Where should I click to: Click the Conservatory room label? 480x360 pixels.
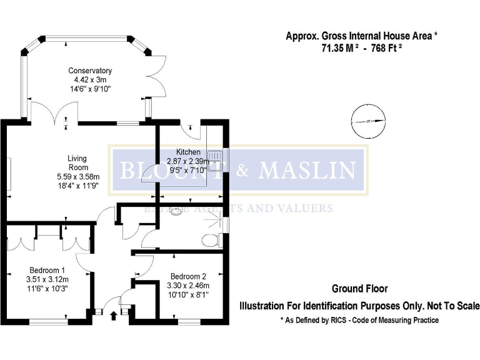click(90, 71)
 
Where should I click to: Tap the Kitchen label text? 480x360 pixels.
click(188, 152)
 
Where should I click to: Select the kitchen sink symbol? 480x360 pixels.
click(216, 161)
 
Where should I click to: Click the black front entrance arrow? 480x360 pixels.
click(113, 316)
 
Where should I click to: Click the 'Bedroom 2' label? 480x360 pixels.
click(187, 276)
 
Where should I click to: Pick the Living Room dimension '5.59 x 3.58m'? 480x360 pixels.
click(77, 177)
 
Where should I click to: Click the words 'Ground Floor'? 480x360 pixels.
click(359, 289)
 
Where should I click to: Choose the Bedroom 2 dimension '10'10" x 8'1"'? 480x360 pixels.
click(187, 294)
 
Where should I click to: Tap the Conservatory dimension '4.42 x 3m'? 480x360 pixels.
click(90, 80)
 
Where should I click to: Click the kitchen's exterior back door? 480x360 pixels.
click(191, 130)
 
